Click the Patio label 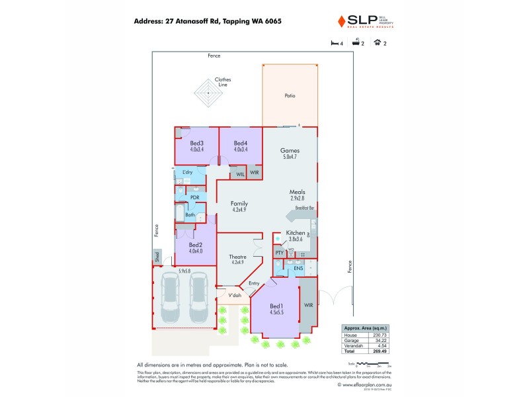tap(290, 96)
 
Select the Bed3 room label tap(196, 144)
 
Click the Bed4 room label tap(240, 144)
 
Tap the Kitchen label tap(295, 233)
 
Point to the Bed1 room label tap(276, 306)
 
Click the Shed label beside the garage tap(157, 255)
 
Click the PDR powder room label tap(195, 197)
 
